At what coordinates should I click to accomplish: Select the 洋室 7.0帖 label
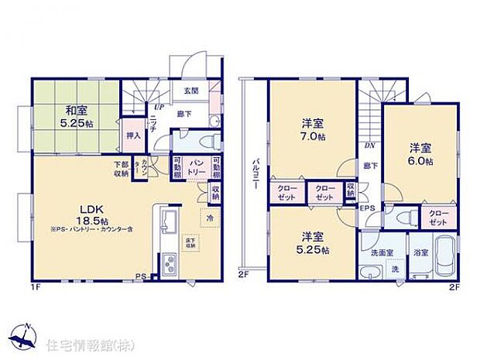[x=314, y=129]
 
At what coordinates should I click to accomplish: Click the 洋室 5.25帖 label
[x=314, y=243]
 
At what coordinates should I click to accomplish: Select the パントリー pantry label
[x=197, y=165]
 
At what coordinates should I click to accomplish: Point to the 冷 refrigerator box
[x=210, y=218]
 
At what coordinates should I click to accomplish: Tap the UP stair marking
[x=158, y=108]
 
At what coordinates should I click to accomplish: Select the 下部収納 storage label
[x=122, y=168]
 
